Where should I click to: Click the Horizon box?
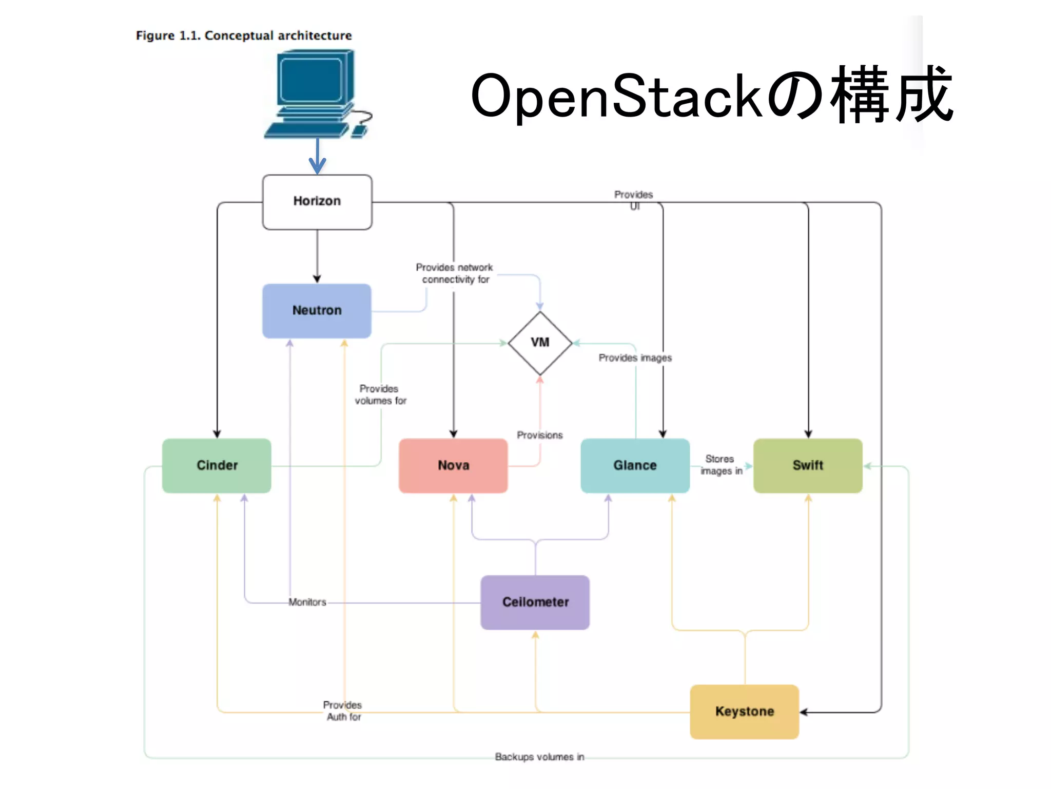point(317,201)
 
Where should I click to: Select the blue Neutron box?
point(317,310)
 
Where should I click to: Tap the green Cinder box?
point(217,465)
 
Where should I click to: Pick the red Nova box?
point(453,465)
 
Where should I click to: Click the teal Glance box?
point(635,465)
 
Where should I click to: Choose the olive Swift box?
point(808,465)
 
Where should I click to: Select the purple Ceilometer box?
point(535,602)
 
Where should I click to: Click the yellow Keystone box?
point(744,711)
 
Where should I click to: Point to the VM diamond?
point(540,343)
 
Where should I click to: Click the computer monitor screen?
point(311,80)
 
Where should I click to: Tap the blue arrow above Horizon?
point(317,157)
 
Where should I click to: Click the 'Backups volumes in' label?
point(539,757)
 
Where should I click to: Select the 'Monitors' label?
point(307,602)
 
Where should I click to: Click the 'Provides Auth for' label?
point(343,711)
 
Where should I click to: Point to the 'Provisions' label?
point(539,435)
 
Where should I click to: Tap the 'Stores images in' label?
point(721,465)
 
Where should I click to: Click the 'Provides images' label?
point(635,358)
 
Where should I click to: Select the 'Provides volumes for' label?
point(380,394)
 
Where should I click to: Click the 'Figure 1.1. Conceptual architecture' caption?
point(244,35)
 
